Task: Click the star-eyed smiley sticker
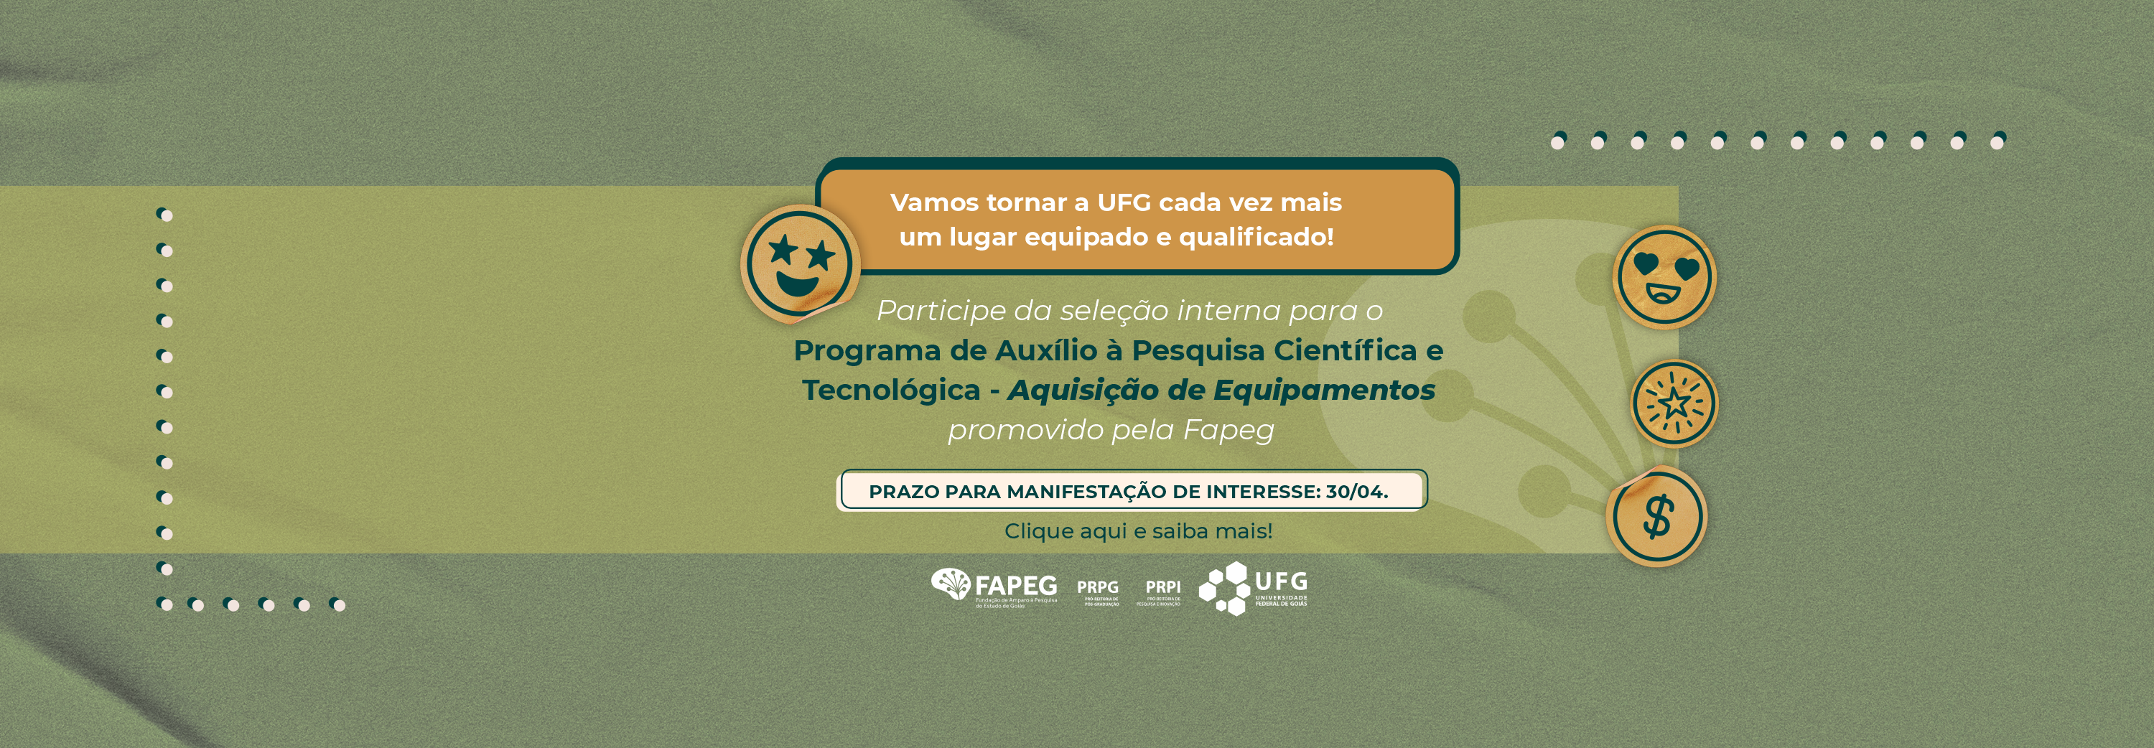point(798,263)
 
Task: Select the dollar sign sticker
point(1657,517)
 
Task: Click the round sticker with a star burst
point(1674,403)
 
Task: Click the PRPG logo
point(1098,591)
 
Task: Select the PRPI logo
point(1162,591)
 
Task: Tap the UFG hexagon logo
point(1253,587)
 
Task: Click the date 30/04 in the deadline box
point(1356,492)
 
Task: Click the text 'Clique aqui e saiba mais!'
point(1138,530)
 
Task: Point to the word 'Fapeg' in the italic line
point(1228,429)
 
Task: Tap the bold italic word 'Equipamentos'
point(1324,390)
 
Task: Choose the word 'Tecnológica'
point(890,390)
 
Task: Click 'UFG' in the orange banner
point(1124,202)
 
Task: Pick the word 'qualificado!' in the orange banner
point(1256,238)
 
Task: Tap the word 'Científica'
point(1345,350)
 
